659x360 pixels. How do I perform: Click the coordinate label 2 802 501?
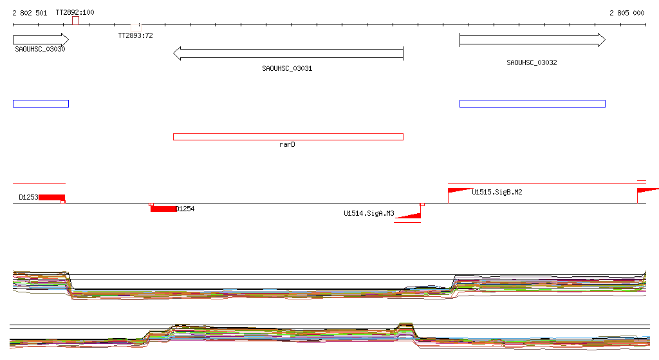(x=30, y=13)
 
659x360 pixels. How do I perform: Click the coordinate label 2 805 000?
(x=627, y=13)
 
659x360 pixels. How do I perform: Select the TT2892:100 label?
(x=75, y=12)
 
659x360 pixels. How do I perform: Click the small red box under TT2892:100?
(x=76, y=21)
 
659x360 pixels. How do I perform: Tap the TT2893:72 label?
(x=135, y=36)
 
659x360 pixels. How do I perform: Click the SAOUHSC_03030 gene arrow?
(x=41, y=40)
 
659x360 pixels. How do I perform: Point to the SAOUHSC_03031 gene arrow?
(x=288, y=53)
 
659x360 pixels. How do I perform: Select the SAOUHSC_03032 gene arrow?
(x=532, y=40)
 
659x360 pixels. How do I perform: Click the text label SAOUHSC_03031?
(x=287, y=68)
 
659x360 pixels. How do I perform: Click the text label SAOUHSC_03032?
(x=532, y=62)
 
